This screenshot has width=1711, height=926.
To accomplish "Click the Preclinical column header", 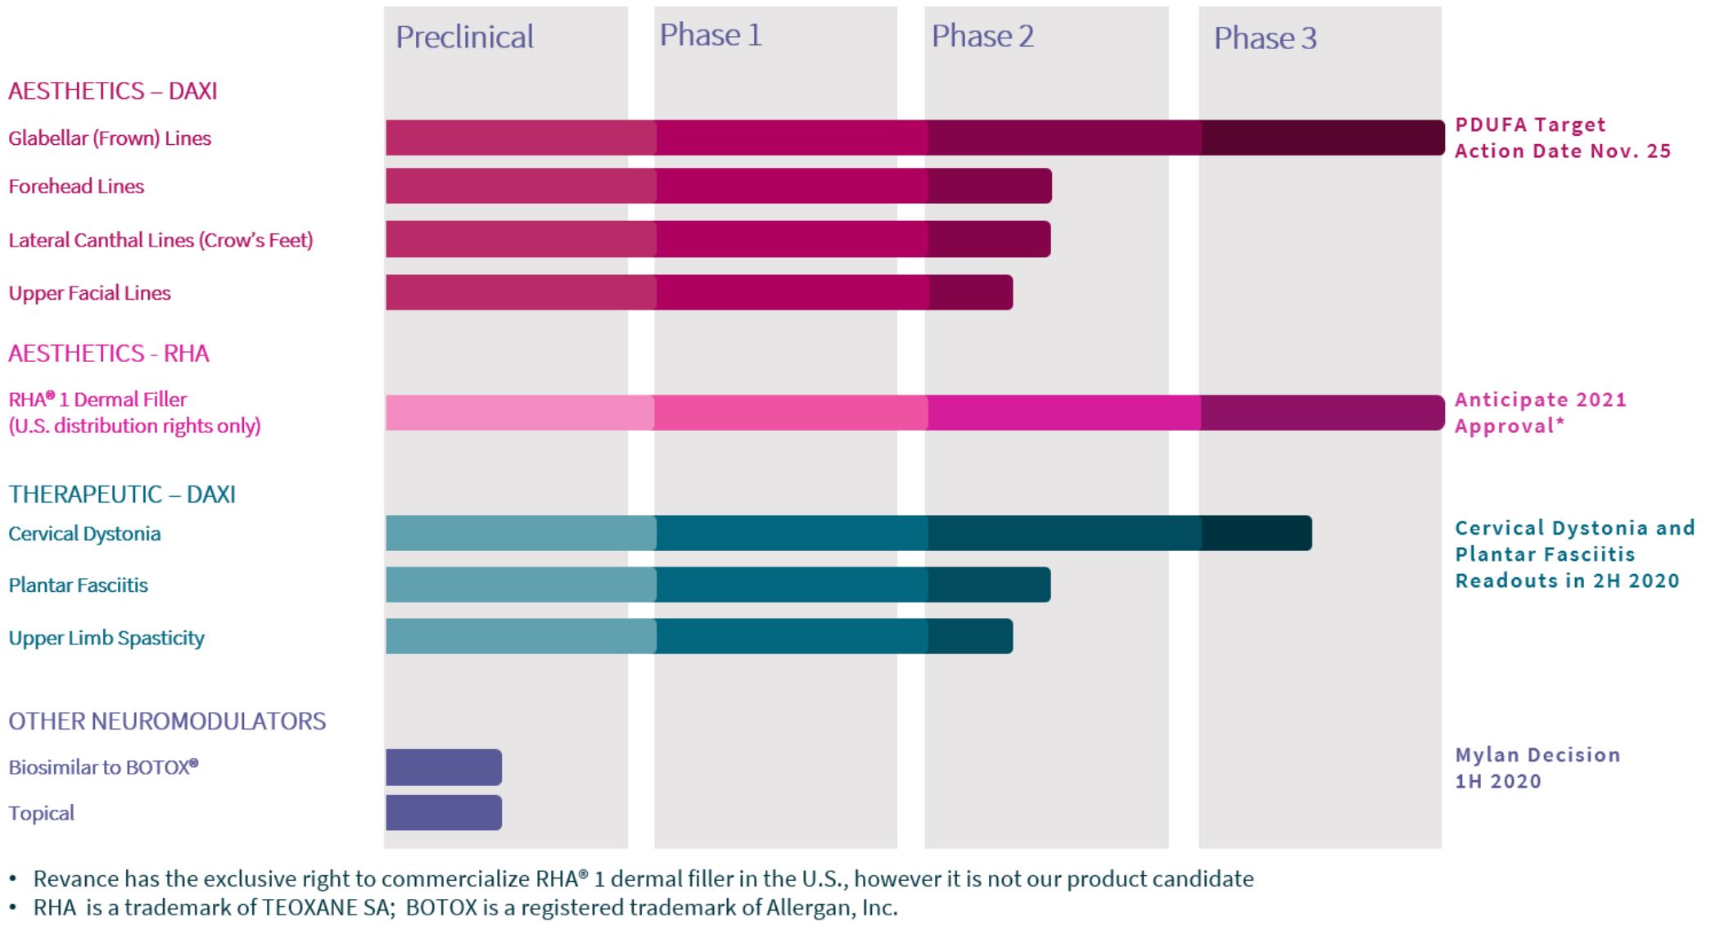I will click(x=464, y=37).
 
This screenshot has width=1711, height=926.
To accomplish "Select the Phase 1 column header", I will click(x=711, y=35).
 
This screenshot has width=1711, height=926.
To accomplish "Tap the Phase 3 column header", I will click(x=1265, y=38).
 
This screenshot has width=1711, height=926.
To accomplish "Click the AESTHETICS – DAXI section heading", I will click(x=113, y=90).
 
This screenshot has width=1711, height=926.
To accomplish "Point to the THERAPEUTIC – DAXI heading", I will click(x=122, y=494).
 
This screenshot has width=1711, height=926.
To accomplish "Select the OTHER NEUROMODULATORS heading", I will click(x=167, y=720).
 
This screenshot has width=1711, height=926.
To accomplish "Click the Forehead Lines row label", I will click(x=76, y=187).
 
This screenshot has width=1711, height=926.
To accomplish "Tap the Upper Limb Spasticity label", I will click(x=106, y=638).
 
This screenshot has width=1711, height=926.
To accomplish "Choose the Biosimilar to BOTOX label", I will click(x=103, y=767).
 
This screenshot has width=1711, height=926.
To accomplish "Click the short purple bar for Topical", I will click(x=444, y=812).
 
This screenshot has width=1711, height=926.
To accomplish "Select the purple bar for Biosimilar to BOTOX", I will click(x=444, y=767).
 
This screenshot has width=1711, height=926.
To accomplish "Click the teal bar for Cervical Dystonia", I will click(x=848, y=533).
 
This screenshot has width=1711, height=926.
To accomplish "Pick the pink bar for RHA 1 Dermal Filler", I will click(x=914, y=413).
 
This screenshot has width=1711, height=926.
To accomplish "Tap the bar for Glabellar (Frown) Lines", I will click(x=914, y=138).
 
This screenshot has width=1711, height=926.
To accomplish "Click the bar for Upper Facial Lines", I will click(x=699, y=292).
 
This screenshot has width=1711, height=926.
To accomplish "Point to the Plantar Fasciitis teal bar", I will click(x=718, y=585).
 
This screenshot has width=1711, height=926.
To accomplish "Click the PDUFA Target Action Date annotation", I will click(x=1562, y=138).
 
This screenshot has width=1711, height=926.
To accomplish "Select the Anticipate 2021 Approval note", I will click(x=1540, y=413).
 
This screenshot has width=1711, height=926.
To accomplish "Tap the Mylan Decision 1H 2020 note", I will click(x=1537, y=767).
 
